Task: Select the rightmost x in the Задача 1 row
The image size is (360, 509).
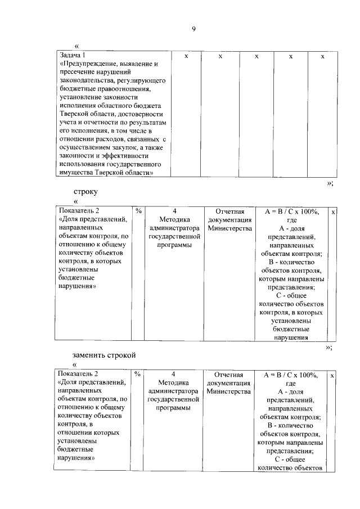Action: coord(322,56)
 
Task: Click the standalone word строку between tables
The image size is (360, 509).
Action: coord(85,191)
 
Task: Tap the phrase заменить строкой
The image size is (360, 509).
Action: coord(105,355)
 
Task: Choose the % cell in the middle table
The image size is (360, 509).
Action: coord(138,211)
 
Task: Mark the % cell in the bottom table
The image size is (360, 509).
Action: coord(138,374)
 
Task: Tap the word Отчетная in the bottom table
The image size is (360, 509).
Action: coord(228,374)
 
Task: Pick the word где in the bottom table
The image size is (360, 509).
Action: coord(290,383)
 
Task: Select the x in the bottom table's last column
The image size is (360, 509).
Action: coord(333,375)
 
